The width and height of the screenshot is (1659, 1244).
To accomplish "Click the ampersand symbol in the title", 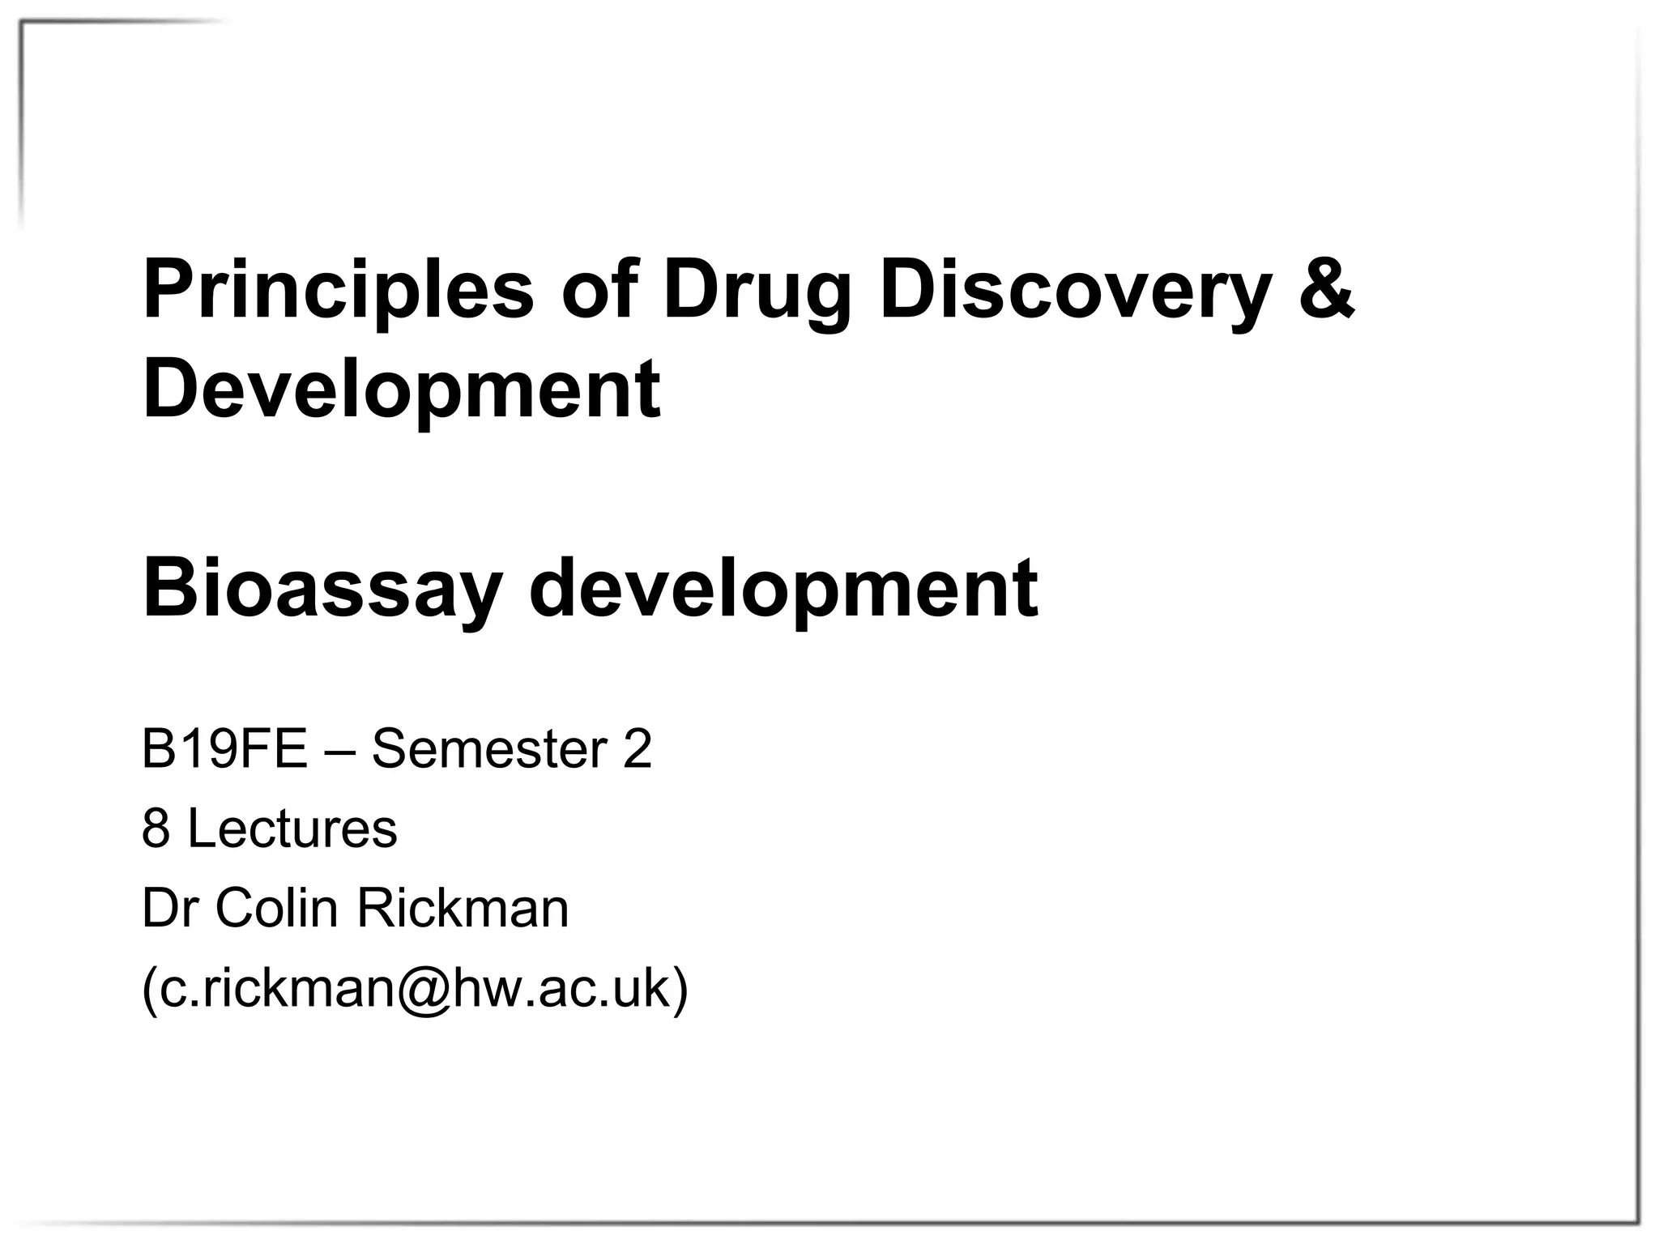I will coord(1326,290).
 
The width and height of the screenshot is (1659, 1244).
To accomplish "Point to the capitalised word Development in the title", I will coord(402,390).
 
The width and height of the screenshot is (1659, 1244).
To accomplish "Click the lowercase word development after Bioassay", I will coord(783,590).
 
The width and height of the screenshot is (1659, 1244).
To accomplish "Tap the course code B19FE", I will coord(224,749).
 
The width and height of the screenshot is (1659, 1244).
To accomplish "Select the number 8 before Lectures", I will coord(156,829).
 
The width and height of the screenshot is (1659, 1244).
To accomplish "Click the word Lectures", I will coord(292,829).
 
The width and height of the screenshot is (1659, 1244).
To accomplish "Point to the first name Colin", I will coord(276,908).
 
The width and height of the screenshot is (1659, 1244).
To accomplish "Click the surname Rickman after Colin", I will coord(463,908).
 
